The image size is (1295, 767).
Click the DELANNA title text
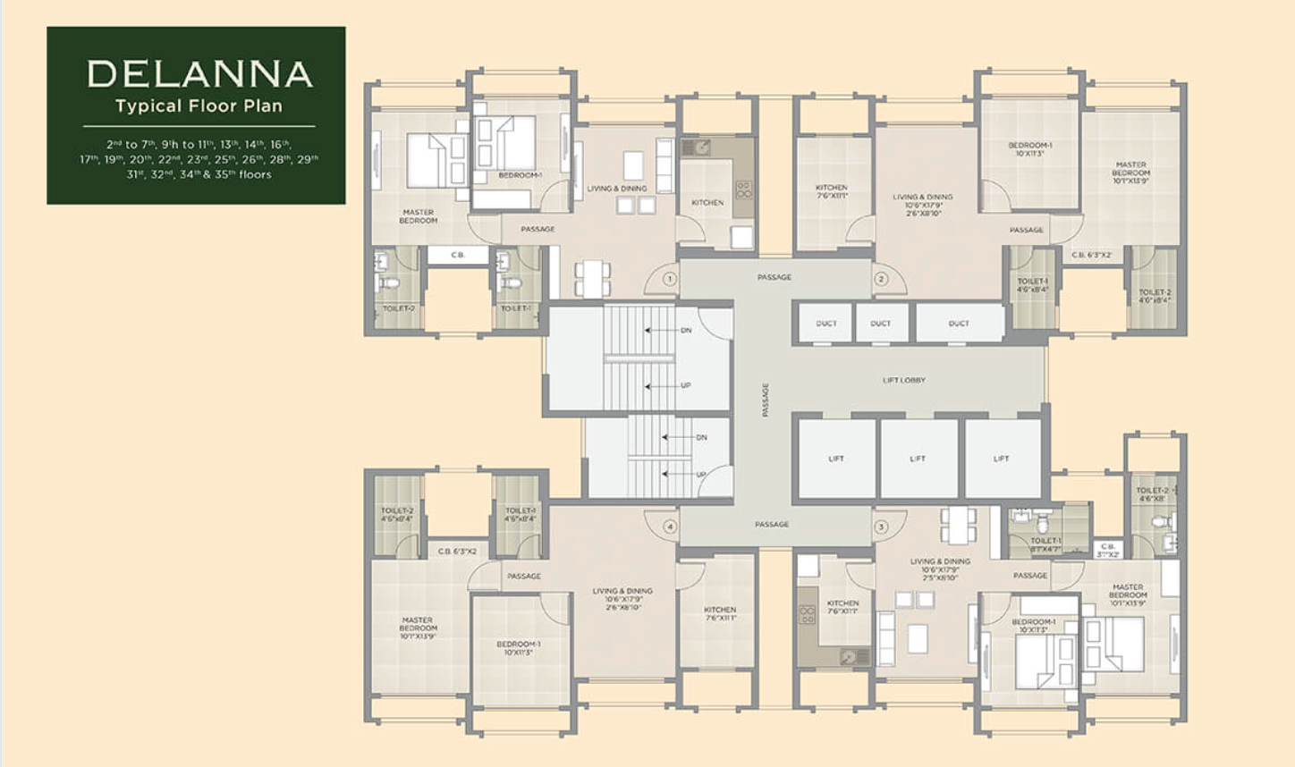point(199,74)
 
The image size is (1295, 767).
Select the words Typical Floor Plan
point(199,106)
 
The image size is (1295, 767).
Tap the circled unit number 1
point(669,279)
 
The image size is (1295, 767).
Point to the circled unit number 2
point(881,279)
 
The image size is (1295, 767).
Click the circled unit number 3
point(881,527)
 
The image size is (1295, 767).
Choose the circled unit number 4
point(669,527)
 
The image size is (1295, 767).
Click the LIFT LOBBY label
point(903,380)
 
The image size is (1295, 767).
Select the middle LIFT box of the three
point(918,459)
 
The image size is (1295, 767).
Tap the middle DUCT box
point(880,323)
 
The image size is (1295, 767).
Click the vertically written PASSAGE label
point(766,400)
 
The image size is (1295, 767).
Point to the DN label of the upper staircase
point(686,331)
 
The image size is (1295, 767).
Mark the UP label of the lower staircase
point(701,475)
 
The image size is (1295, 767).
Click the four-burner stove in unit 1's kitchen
point(743,190)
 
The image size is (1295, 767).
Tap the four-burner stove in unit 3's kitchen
point(807,614)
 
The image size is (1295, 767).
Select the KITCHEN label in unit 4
point(719,613)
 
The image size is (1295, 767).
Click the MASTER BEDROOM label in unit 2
point(1130,173)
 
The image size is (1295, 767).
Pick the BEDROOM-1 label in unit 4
point(518,647)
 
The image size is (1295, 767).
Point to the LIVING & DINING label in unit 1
point(616,189)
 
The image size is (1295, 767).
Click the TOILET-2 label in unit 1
point(398,308)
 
